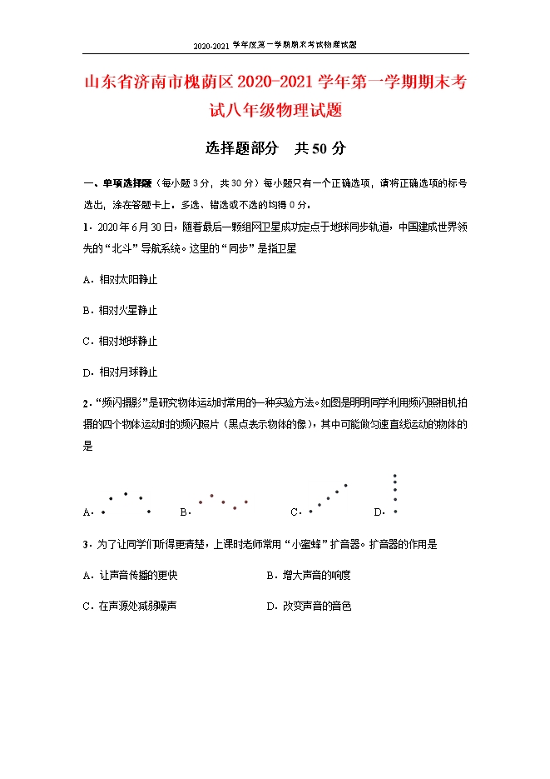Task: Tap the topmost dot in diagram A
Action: [x=126, y=493]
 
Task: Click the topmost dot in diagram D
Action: [x=395, y=476]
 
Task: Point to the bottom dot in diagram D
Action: [x=395, y=511]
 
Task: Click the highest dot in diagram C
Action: [x=346, y=485]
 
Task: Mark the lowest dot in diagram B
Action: [x=235, y=507]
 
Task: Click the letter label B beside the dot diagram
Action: [x=184, y=512]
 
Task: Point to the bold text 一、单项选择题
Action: [x=117, y=183]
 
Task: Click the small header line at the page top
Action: [x=275, y=44]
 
